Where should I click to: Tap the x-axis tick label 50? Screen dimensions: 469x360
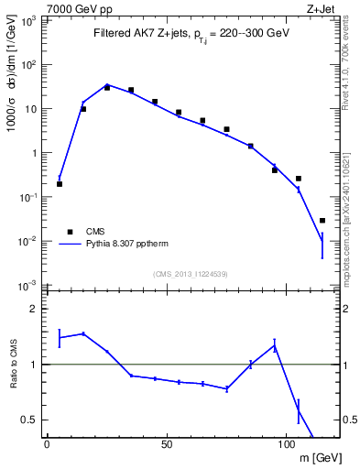(167, 445)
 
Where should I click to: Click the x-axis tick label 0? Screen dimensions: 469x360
(47, 445)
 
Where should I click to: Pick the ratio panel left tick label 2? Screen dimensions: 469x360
(35, 309)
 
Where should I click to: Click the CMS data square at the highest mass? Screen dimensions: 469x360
(322, 221)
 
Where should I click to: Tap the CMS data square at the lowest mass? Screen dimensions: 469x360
(60, 184)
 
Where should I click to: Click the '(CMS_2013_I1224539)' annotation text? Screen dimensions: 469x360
(191, 274)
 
